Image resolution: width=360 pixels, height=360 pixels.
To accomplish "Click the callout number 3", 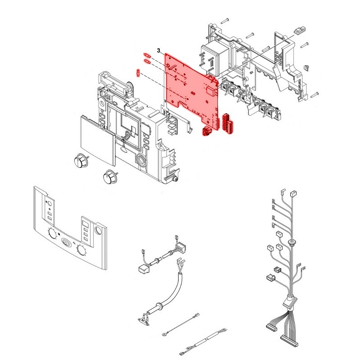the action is [159, 50].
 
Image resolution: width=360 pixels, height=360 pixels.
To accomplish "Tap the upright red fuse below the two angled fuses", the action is [138, 73].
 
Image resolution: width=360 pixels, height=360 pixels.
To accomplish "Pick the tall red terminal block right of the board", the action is [227, 122].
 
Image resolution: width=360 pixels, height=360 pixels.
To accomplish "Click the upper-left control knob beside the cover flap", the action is [81, 160].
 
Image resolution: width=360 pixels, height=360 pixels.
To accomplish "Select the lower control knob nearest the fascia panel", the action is [110, 176].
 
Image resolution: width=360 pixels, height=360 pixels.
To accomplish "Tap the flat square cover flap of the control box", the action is [97, 140].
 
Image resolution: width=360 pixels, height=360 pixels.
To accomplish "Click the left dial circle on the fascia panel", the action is [53, 234].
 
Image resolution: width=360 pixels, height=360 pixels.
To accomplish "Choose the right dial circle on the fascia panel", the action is [81, 250].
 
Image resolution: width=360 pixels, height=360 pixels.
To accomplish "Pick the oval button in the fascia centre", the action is [66, 243].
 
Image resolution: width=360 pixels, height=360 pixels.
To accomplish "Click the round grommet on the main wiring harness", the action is [292, 242].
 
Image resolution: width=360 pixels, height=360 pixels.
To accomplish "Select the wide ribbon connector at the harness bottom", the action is [289, 341].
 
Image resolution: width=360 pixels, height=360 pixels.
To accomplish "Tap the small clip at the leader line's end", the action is [299, 31].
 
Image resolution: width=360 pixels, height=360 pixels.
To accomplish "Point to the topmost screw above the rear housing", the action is [225, 20].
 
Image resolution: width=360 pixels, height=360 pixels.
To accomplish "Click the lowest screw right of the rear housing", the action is [315, 94].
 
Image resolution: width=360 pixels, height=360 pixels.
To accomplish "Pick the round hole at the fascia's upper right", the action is [99, 230].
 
